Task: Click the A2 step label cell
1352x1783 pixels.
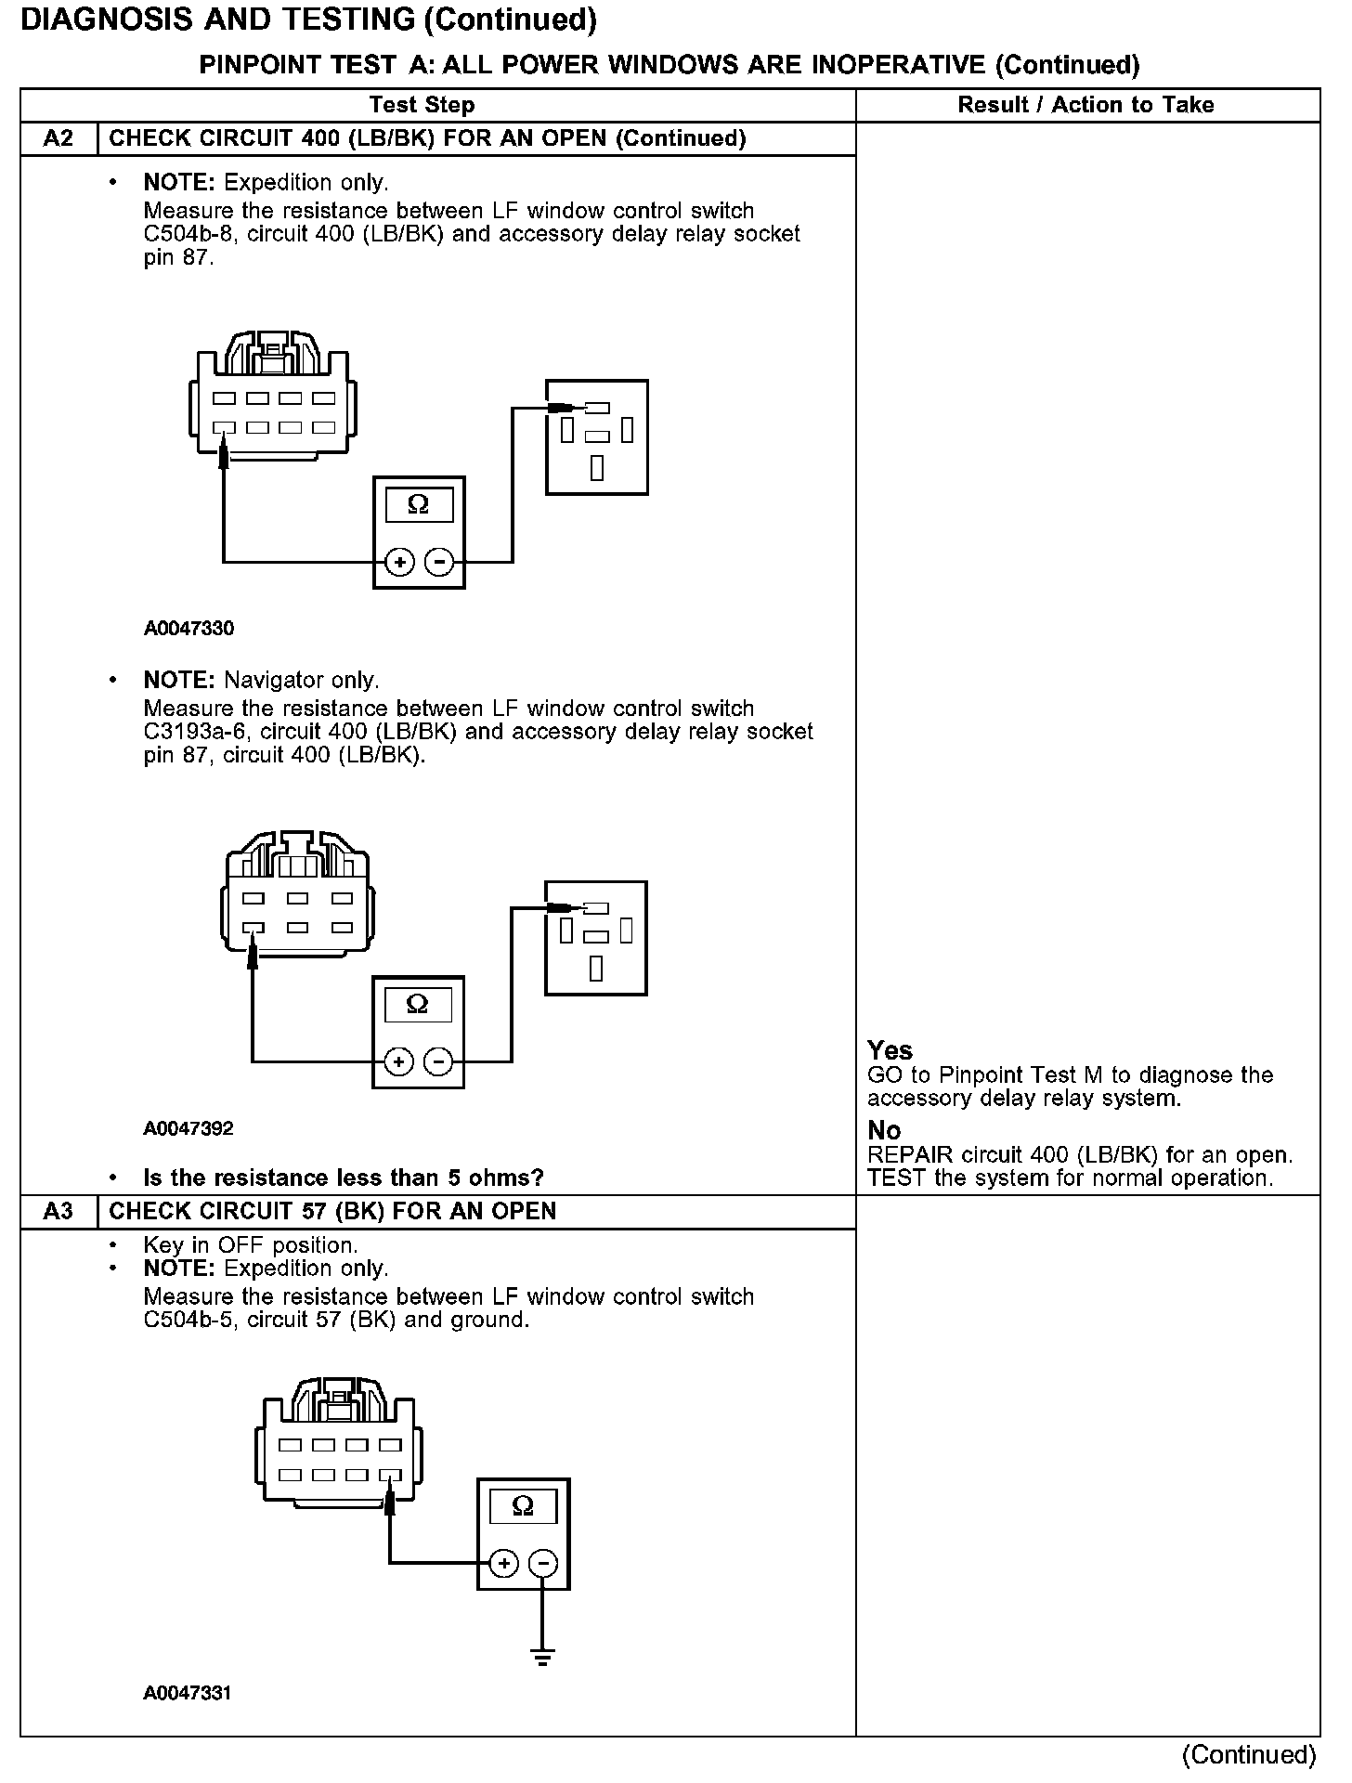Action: point(58,139)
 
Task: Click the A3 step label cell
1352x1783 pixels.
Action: point(58,1211)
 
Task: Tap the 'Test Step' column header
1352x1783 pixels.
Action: point(422,105)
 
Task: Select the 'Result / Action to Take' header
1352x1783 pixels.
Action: point(1085,105)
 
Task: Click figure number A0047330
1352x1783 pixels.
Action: point(188,629)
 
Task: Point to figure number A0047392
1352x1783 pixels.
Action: point(188,1128)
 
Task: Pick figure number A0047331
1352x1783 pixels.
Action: point(188,1692)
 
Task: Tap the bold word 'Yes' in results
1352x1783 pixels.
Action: point(890,1050)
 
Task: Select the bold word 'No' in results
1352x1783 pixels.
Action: point(884,1130)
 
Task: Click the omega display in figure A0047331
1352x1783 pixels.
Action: point(523,1506)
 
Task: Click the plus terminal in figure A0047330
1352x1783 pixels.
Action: point(399,562)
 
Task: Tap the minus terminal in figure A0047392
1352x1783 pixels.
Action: point(439,1061)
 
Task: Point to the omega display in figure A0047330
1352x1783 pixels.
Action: point(419,504)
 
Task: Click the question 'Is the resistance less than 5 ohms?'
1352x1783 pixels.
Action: point(344,1178)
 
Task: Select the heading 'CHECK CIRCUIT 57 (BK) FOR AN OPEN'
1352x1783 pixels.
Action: point(332,1211)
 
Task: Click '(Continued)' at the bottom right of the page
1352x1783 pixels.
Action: point(1249,1754)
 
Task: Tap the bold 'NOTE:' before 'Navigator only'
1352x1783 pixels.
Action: point(179,681)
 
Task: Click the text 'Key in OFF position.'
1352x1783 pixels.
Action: point(251,1245)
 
